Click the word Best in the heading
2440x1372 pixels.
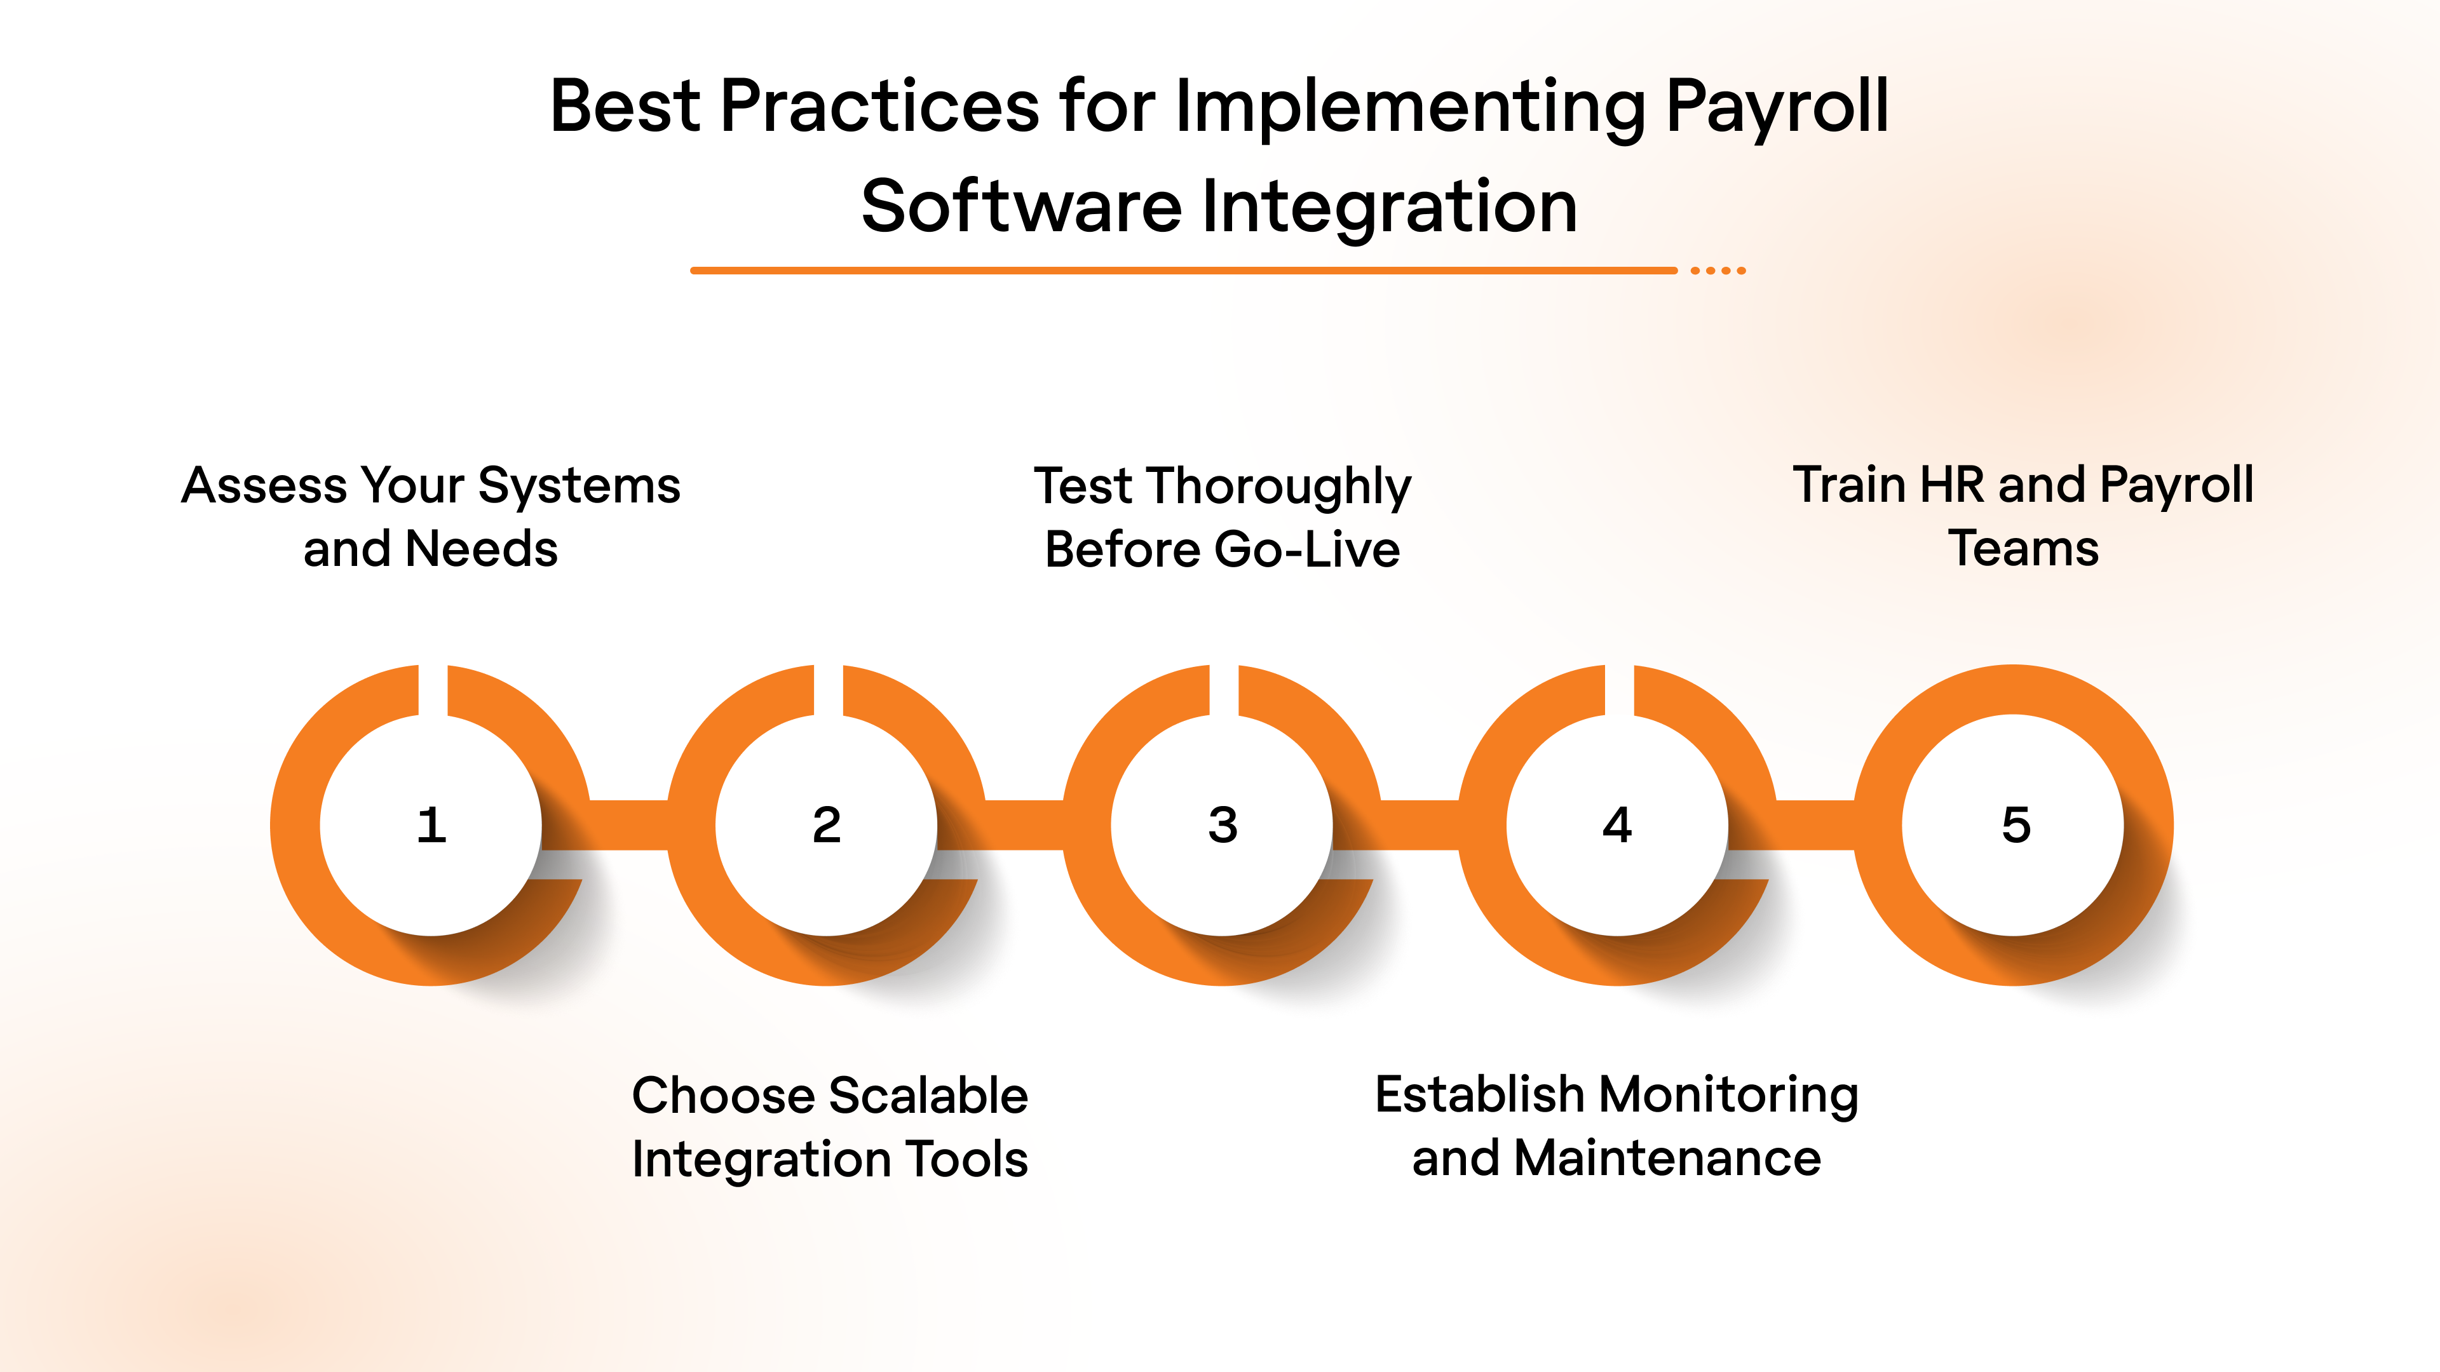625,106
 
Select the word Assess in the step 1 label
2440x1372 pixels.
264,486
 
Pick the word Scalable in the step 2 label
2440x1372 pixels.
928,1096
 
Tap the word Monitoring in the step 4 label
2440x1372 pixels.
1728,1096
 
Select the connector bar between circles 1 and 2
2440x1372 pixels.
628,824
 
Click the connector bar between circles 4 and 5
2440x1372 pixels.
1814,824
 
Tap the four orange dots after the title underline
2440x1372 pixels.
1718,271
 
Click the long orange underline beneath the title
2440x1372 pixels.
1184,271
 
